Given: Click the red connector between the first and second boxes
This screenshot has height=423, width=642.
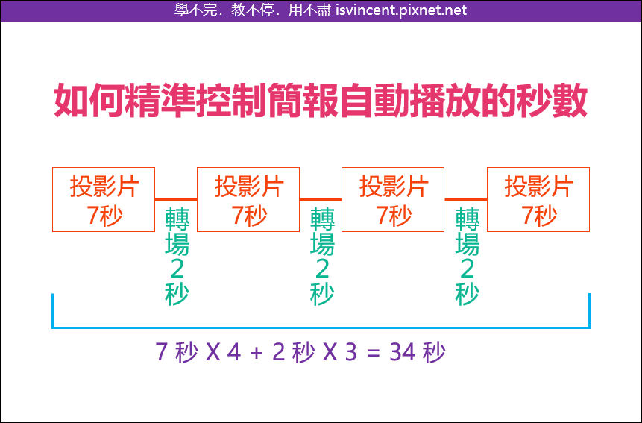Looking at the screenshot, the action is [176, 199].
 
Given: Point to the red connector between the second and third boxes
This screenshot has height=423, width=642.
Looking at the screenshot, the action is [321, 199].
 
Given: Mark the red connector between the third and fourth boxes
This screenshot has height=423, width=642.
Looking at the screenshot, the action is [465, 199].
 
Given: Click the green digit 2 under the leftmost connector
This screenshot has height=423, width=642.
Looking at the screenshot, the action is [177, 269].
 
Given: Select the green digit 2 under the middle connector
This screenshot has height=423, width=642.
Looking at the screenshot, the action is [322, 269].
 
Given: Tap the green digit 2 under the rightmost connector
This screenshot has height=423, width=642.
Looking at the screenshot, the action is [468, 269].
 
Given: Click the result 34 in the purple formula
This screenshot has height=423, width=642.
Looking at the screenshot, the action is [403, 351].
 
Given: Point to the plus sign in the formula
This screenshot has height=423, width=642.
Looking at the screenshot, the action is [257, 353].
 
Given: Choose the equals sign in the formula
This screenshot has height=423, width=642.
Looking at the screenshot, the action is [374, 353].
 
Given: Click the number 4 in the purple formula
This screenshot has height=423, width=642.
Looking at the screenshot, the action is [234, 351].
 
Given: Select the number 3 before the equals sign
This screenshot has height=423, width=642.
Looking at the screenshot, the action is [351, 351].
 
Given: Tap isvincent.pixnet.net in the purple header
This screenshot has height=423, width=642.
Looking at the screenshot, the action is [401, 10].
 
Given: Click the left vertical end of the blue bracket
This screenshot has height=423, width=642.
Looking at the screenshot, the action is [53, 311].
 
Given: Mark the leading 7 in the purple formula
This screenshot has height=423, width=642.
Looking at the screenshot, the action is [162, 351].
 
